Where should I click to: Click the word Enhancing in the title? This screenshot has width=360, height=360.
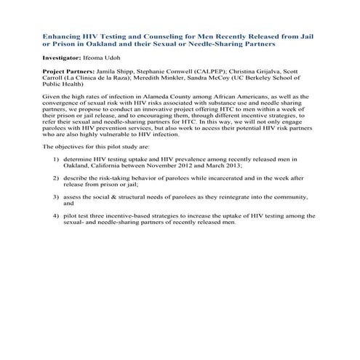coord(65,35)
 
